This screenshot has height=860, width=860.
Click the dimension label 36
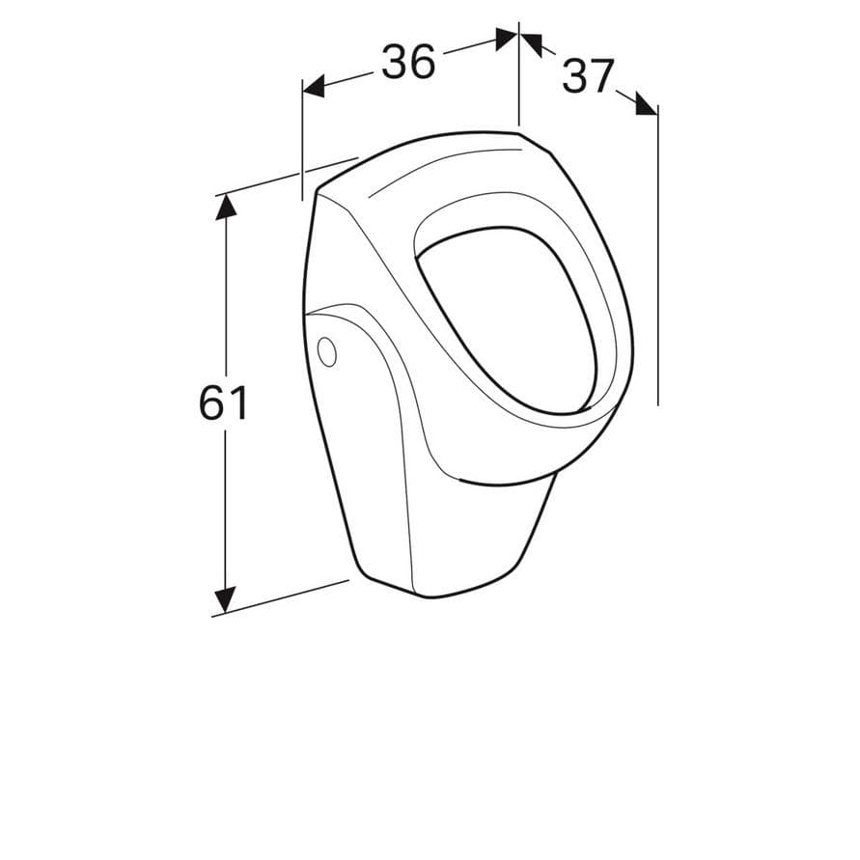tap(408, 61)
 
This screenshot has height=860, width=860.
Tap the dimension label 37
tap(587, 75)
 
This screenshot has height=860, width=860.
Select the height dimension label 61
tap(223, 402)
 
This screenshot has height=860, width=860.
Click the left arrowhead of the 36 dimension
tap(313, 87)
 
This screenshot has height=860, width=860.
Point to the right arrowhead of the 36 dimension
tap(506, 39)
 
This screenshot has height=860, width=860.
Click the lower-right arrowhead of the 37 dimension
tap(646, 104)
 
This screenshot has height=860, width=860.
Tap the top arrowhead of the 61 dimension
tap(226, 208)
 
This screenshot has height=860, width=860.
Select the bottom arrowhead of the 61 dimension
tap(225, 600)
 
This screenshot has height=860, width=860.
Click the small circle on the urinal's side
tap(327, 351)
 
